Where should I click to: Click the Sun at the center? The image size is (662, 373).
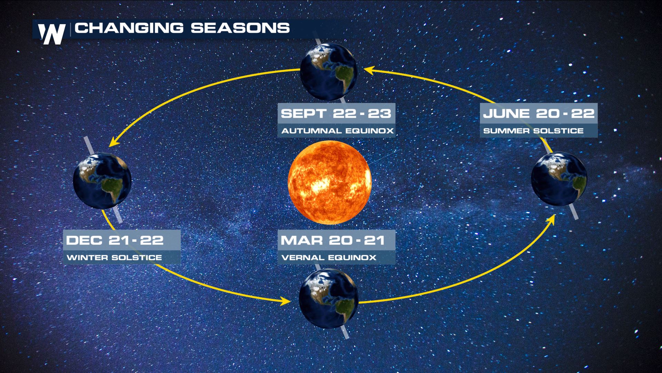point(329,182)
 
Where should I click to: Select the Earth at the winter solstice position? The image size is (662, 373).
point(102,181)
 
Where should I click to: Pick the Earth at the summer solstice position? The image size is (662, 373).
point(559,179)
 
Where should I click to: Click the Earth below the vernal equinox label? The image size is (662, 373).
point(329,299)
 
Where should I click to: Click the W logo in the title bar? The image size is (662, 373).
point(52,34)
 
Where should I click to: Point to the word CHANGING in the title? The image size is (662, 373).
point(129,28)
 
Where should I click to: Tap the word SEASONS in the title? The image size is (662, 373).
point(240,28)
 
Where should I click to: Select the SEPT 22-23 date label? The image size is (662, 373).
point(336,113)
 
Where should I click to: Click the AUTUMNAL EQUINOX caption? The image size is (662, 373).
point(337,131)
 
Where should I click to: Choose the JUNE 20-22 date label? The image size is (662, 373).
point(539,113)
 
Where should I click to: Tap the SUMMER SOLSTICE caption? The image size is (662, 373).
point(533,131)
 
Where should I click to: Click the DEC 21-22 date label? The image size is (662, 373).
point(115,240)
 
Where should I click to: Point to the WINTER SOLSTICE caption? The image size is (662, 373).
point(114,258)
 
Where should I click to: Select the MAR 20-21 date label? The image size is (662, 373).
point(333,240)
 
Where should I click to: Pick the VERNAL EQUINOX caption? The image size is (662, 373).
point(329,258)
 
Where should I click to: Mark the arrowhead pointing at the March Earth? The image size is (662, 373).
point(285,301)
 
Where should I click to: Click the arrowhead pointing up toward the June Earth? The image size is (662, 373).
point(551,220)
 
